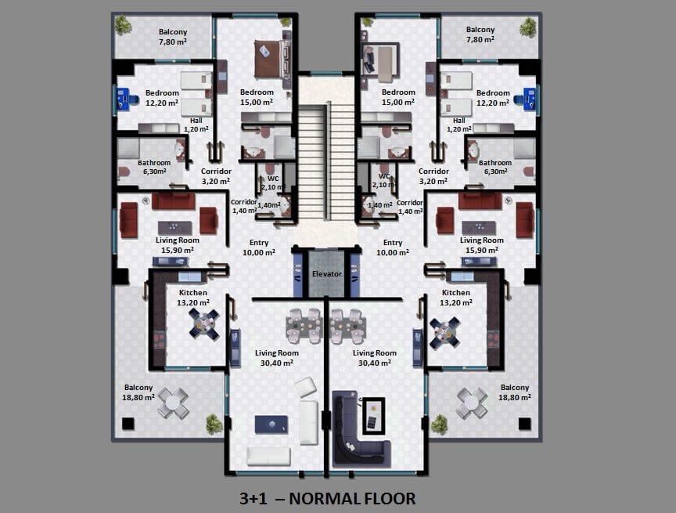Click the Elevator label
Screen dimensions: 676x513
click(327, 274)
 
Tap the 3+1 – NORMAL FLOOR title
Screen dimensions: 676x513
click(328, 498)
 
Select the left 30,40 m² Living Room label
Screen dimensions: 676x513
click(277, 358)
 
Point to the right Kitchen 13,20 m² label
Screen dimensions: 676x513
click(455, 298)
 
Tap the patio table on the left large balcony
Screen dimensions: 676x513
click(172, 403)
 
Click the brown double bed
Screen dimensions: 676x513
click(271, 59)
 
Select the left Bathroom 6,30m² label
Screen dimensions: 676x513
click(154, 167)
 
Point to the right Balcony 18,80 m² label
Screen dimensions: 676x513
click(515, 392)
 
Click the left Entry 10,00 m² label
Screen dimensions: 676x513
click(259, 247)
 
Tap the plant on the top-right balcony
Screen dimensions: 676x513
click(528, 27)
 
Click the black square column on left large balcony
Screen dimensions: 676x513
click(128, 424)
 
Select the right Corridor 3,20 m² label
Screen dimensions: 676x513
click(433, 176)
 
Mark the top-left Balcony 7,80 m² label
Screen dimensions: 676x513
click(173, 37)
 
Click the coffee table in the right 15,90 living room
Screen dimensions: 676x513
click(479, 228)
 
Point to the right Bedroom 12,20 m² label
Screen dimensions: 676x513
click(493, 97)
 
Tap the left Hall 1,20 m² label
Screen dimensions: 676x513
click(196, 125)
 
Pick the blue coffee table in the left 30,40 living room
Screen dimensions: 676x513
click(271, 424)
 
